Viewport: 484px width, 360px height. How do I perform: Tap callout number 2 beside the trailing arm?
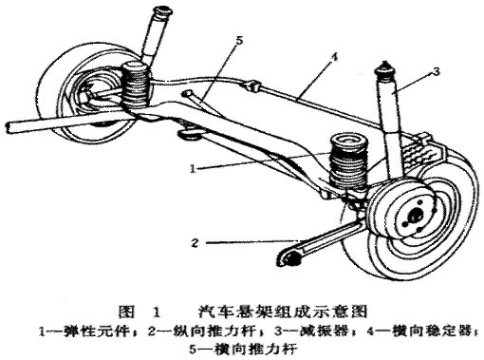195,243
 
